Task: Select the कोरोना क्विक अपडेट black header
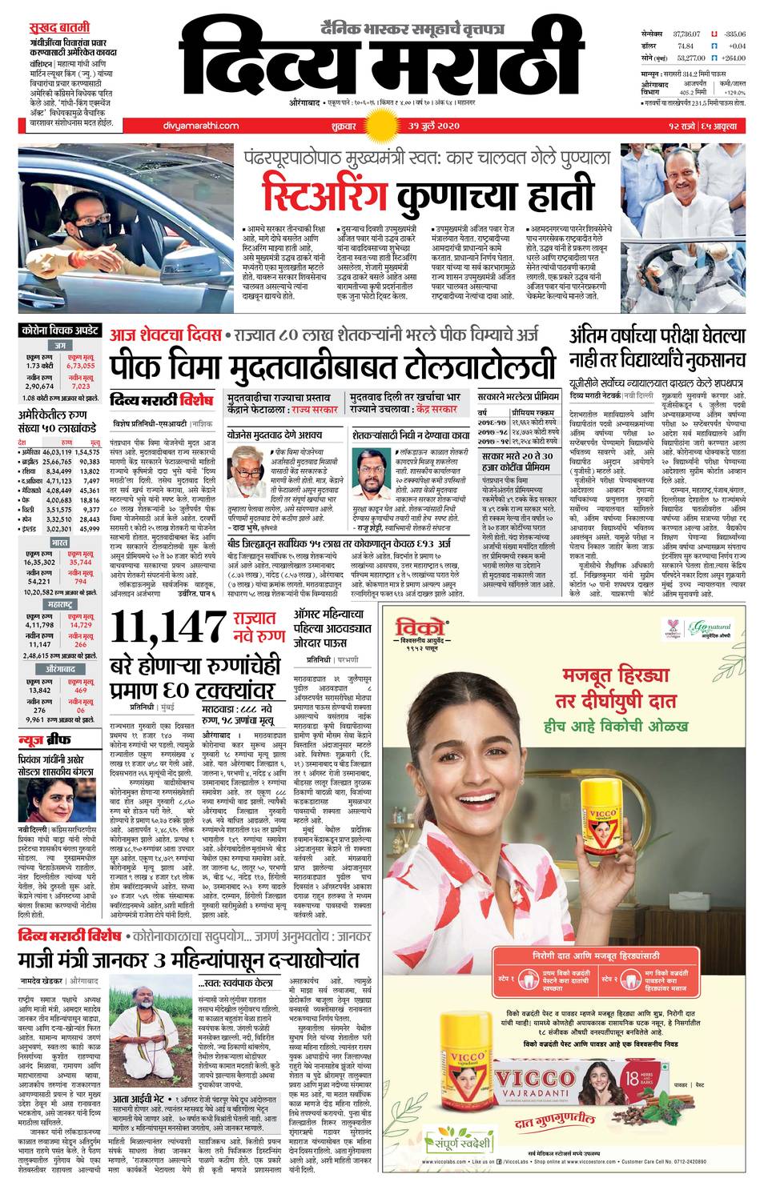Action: [60, 330]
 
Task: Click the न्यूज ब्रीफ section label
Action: [47, 737]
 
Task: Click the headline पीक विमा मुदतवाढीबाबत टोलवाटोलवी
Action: [332, 367]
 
